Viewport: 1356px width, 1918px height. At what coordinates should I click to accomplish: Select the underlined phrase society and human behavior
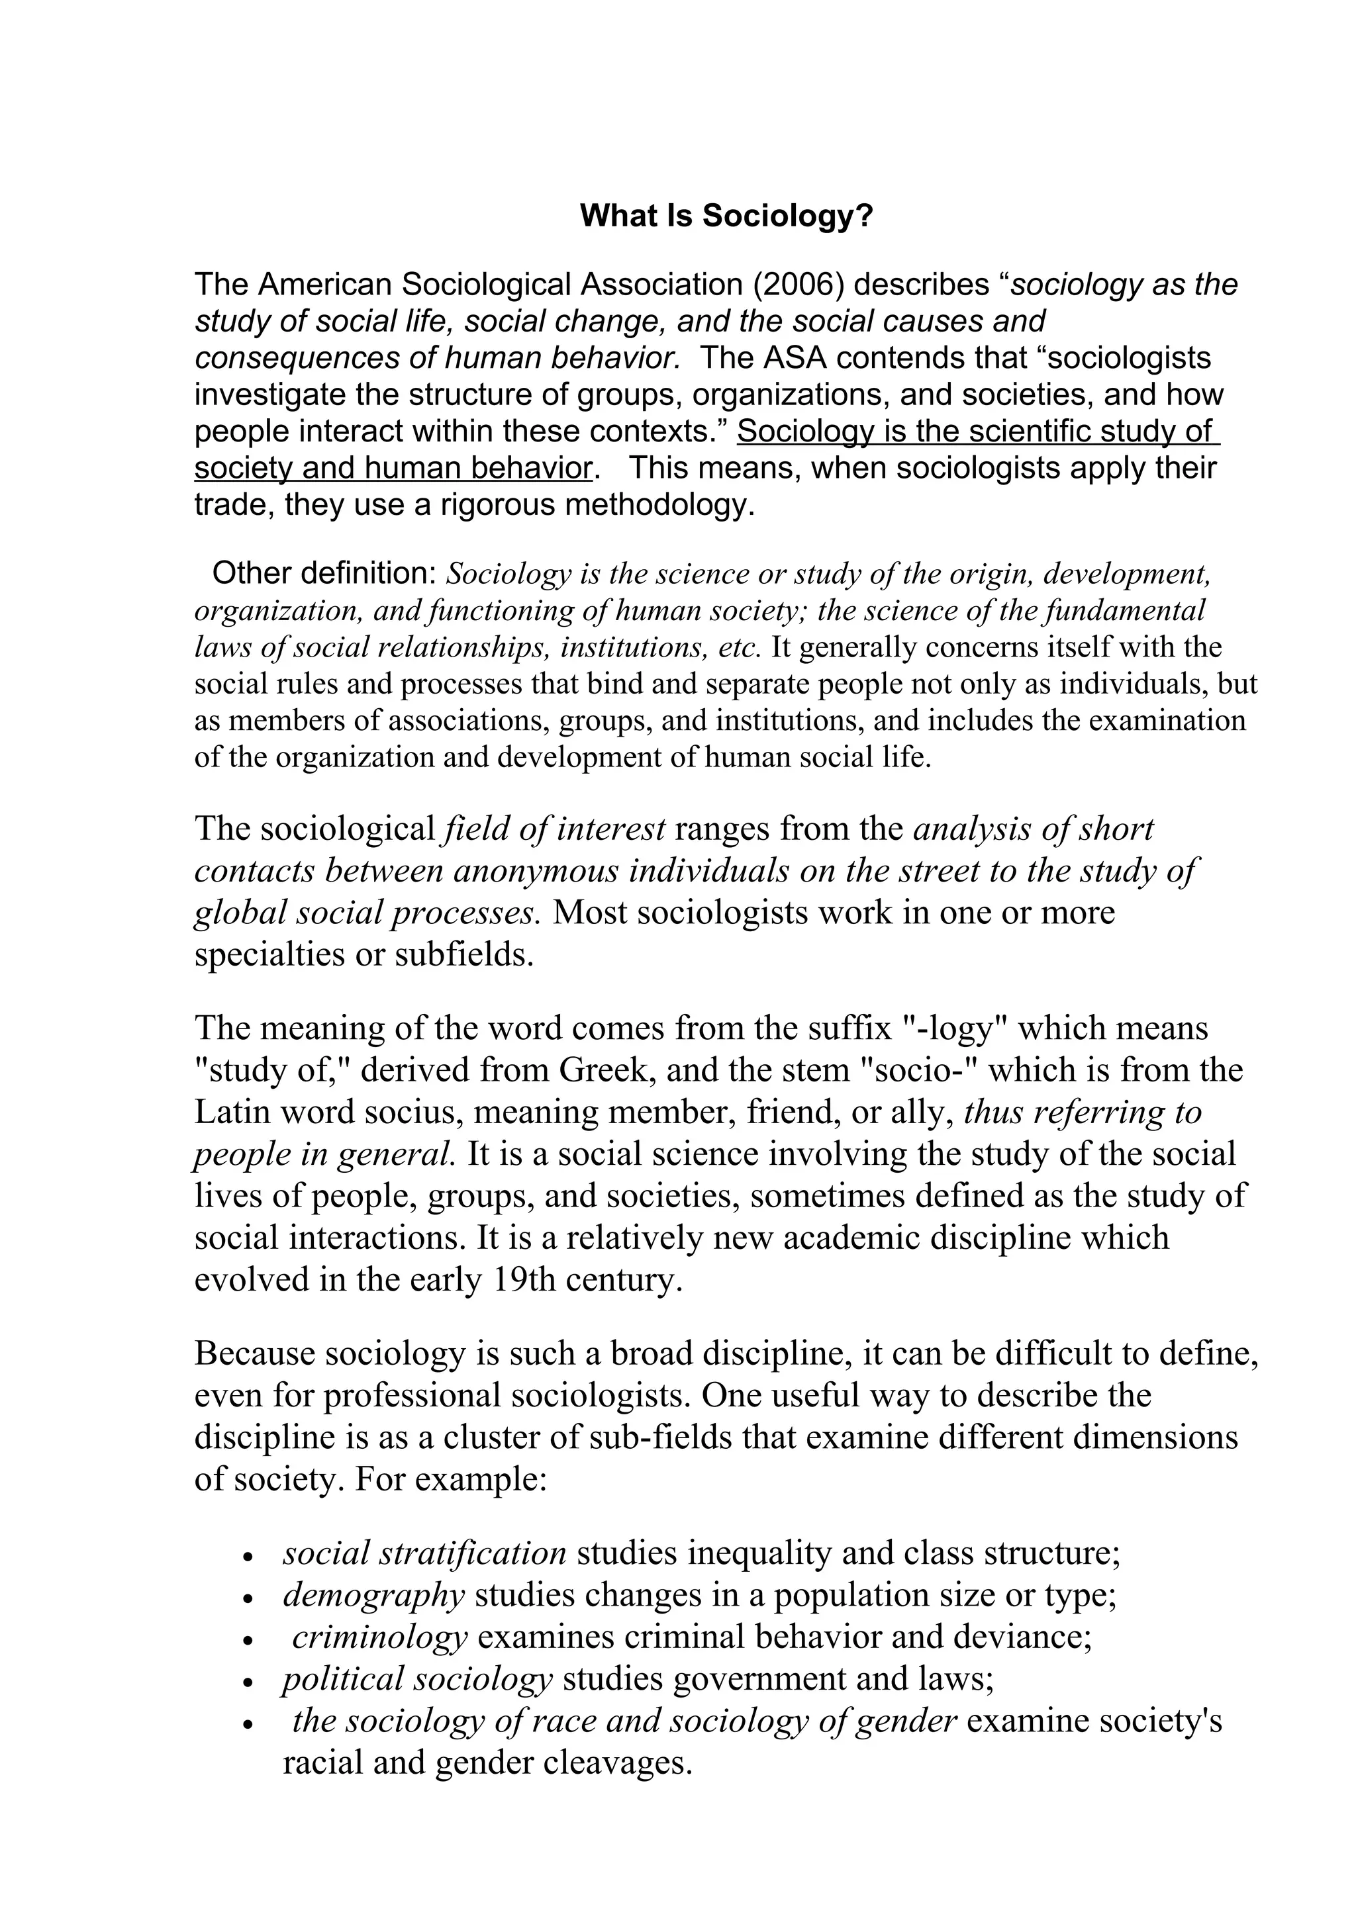click(x=393, y=469)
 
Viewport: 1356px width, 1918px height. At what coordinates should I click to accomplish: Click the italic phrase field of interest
click(x=555, y=829)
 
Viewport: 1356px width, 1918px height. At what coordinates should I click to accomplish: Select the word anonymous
click(x=536, y=871)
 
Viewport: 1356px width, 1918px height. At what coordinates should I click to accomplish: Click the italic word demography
click(x=373, y=1596)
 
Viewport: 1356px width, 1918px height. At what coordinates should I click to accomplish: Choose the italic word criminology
click(x=379, y=1637)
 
